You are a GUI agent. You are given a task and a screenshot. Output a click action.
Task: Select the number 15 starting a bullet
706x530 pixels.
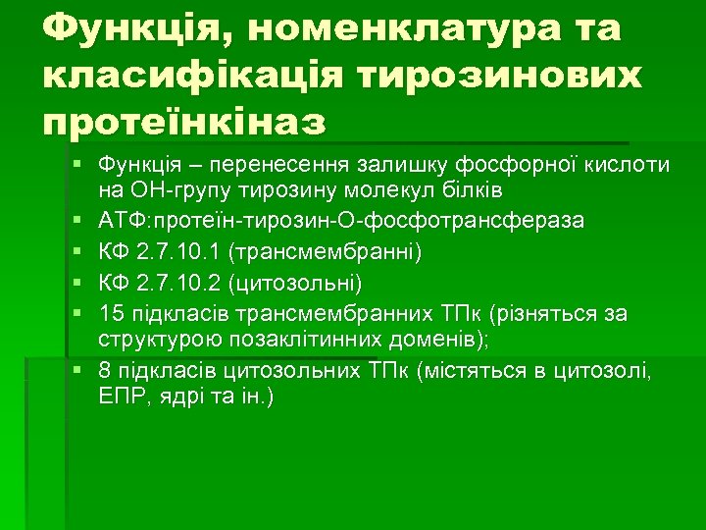tap(111, 315)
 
